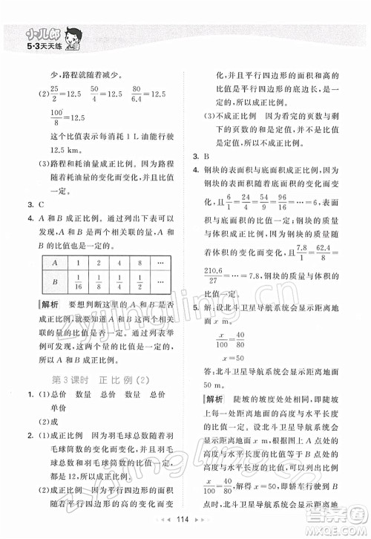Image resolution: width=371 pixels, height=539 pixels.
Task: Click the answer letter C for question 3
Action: click(x=40, y=203)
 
